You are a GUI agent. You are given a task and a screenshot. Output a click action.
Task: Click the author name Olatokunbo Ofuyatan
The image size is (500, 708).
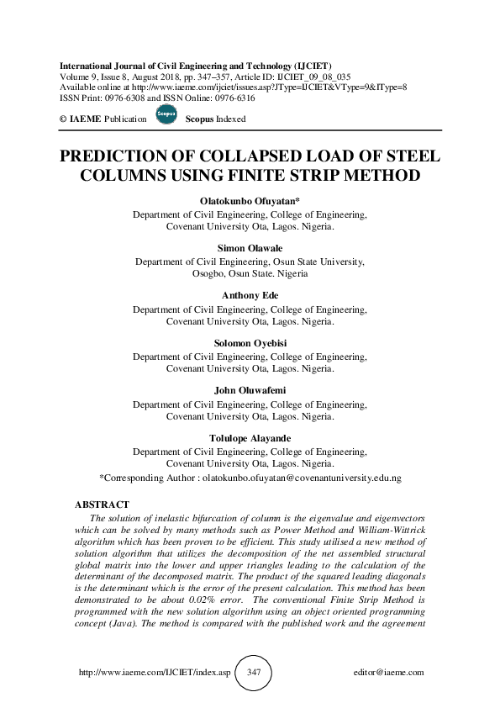point(249,203)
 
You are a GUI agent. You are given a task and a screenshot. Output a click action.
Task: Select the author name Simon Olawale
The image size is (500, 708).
point(250,250)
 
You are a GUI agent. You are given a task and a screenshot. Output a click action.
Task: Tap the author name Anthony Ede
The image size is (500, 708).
point(250,297)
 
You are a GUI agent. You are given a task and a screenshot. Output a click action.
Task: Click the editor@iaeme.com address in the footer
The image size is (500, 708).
point(389,674)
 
